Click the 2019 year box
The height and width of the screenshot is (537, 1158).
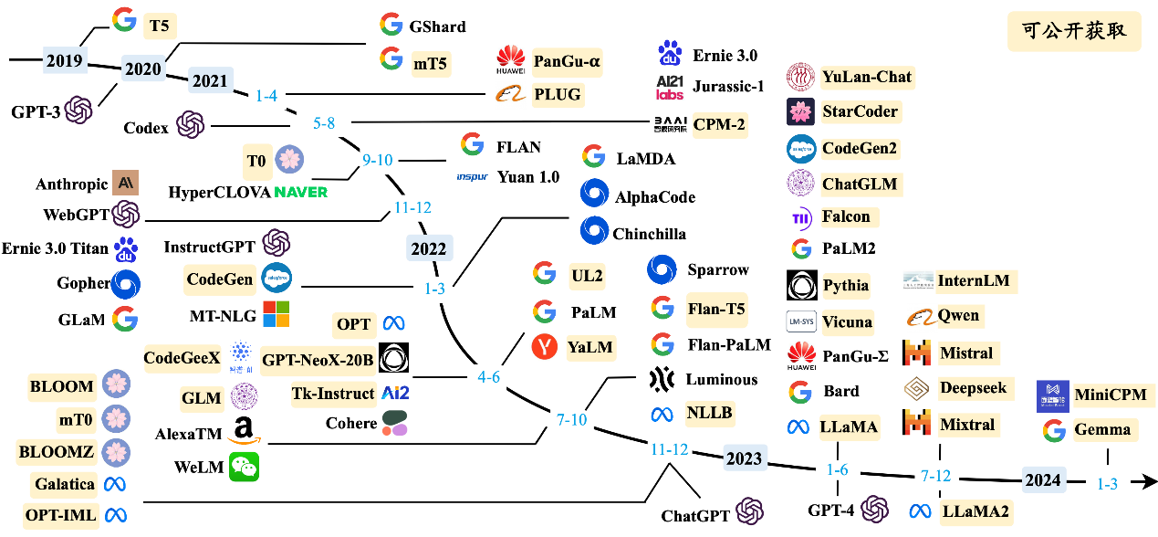pyautogui.click(x=64, y=61)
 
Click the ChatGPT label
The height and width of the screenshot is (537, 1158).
pyautogui.click(x=695, y=516)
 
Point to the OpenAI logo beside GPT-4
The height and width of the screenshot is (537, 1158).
pyautogui.click(x=874, y=509)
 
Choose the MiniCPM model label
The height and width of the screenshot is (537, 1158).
pyautogui.click(x=1114, y=395)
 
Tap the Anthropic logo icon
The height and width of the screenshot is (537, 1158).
pyautogui.click(x=125, y=183)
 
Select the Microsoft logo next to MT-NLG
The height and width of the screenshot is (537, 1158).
pyautogui.click(x=276, y=314)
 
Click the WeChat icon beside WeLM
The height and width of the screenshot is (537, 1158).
pyautogui.click(x=244, y=467)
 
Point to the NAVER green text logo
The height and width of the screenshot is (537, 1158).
pyautogui.click(x=300, y=192)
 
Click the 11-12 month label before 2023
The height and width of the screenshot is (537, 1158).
pyautogui.click(x=669, y=449)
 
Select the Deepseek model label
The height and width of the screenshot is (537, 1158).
pyautogui.click(x=973, y=388)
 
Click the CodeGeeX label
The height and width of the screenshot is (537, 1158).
pyautogui.click(x=183, y=358)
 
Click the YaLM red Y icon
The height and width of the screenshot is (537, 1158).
pyautogui.click(x=545, y=347)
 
